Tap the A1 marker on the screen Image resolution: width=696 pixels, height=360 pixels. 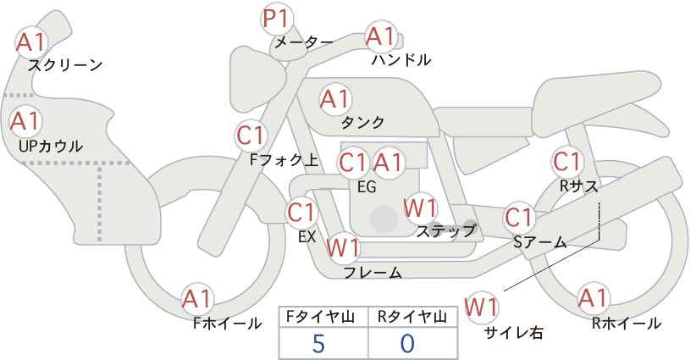[x=31, y=42]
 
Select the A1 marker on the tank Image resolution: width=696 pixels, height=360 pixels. [x=335, y=99]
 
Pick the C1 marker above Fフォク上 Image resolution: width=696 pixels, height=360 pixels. [x=251, y=136]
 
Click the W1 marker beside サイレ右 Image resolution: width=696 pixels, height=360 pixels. [x=482, y=307]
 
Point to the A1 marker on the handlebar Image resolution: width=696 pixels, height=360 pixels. [x=381, y=36]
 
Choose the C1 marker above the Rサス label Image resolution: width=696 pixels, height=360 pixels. [x=567, y=162]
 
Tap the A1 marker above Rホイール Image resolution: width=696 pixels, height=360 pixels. [x=593, y=298]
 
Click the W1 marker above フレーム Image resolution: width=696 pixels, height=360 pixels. [x=343, y=246]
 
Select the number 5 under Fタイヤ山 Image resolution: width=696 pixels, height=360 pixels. [x=318, y=344]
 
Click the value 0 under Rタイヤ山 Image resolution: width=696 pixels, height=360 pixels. [x=407, y=344]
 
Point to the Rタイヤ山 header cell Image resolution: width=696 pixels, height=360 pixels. [x=413, y=317]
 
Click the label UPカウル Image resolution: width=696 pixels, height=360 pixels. [x=51, y=146]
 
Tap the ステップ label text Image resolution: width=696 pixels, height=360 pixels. [x=446, y=231]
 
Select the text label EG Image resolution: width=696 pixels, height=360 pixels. [x=367, y=187]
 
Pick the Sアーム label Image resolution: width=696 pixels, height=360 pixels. [x=540, y=242]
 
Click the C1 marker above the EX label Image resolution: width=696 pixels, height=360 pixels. [x=301, y=213]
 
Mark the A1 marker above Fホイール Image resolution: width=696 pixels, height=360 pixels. [x=197, y=299]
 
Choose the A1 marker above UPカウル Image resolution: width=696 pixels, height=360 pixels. [x=25, y=121]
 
